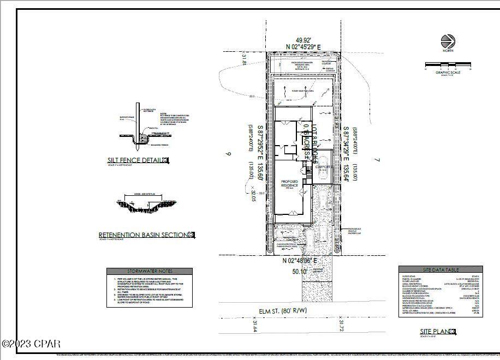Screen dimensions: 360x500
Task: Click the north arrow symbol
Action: coord(448,41)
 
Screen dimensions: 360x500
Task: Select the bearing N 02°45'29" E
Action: coord(303,47)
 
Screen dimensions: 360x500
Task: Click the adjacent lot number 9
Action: coord(229,154)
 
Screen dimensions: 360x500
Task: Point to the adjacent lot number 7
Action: coord(377,160)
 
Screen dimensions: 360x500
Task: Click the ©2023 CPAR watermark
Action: coord(31,344)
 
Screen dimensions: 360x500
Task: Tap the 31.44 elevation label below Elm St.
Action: coord(254,326)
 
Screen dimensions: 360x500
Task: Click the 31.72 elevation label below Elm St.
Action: coord(341,326)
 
